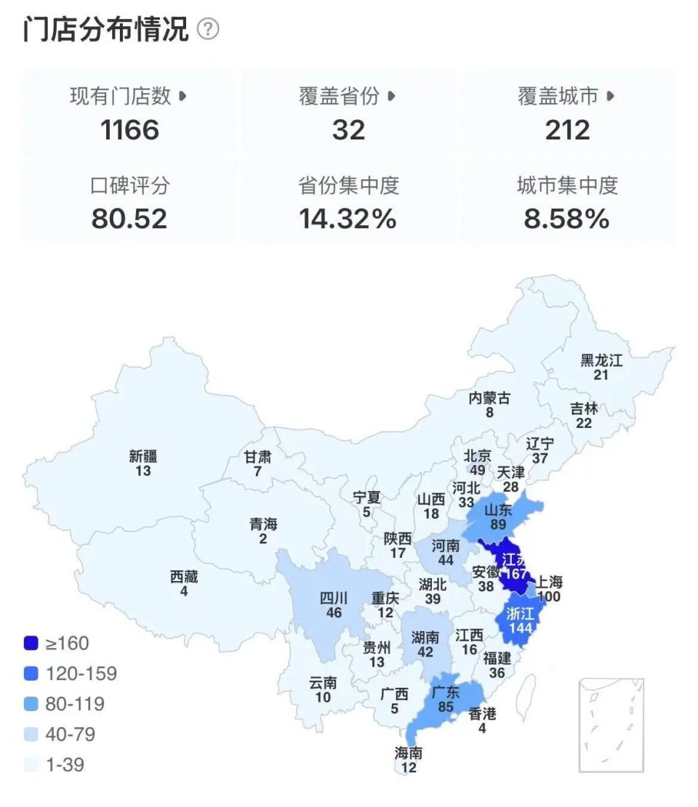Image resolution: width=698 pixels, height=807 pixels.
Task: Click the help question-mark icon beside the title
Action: [208, 30]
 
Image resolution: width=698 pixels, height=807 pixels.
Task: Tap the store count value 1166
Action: [129, 130]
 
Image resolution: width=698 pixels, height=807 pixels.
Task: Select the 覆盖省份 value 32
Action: [348, 130]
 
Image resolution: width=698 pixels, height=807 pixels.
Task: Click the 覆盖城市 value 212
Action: [567, 130]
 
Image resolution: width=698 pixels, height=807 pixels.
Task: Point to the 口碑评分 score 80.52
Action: [129, 219]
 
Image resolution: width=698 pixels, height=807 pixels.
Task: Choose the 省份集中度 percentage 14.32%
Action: [348, 219]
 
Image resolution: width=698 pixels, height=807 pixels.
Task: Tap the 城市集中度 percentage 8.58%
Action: [567, 219]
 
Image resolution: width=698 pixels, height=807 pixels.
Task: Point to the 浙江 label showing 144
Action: [519, 619]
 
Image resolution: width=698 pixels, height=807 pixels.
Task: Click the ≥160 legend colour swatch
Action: [31, 643]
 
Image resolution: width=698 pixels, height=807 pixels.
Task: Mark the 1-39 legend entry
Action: [55, 765]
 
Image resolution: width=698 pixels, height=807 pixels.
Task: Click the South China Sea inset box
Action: [611, 725]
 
